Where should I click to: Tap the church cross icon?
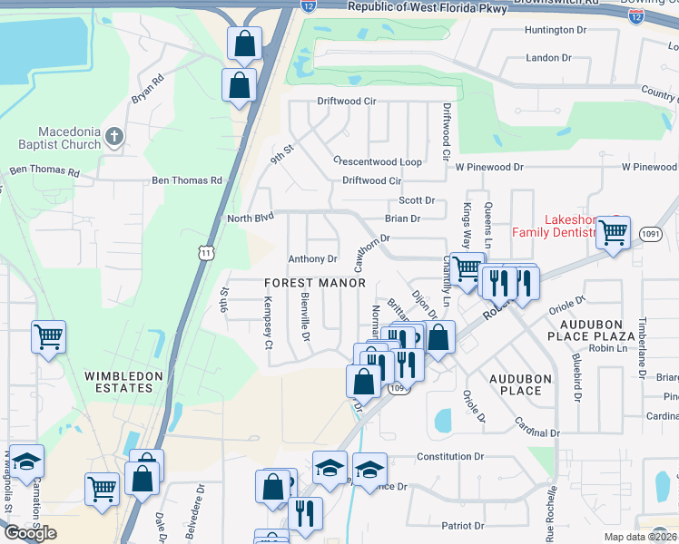113,138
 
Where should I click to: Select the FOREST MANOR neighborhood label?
315,283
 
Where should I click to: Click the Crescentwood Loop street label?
378,161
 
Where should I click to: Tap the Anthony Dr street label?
312,259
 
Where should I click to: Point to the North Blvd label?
251,219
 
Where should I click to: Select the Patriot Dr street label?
462,526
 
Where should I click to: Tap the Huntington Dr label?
556,30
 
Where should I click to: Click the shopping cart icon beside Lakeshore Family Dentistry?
614,232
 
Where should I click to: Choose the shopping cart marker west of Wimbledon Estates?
47,336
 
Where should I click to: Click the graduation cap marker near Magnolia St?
27,461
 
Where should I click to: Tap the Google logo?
29,532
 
